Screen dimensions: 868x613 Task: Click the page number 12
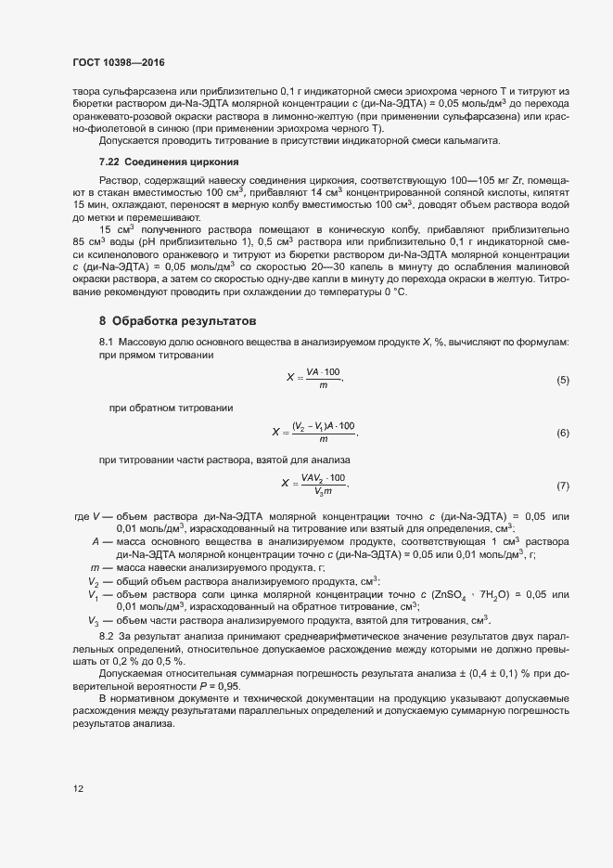(79, 789)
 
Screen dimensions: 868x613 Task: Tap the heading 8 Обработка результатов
(175, 321)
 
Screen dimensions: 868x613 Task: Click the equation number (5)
(562, 381)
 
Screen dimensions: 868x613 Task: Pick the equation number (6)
(562, 434)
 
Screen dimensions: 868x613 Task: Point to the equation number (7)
(562, 486)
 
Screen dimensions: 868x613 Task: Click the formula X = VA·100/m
(315, 379)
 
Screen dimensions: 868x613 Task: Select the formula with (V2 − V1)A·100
(314, 432)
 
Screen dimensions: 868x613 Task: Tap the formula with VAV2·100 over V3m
(315, 484)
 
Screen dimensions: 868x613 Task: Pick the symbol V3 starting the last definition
(94, 620)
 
